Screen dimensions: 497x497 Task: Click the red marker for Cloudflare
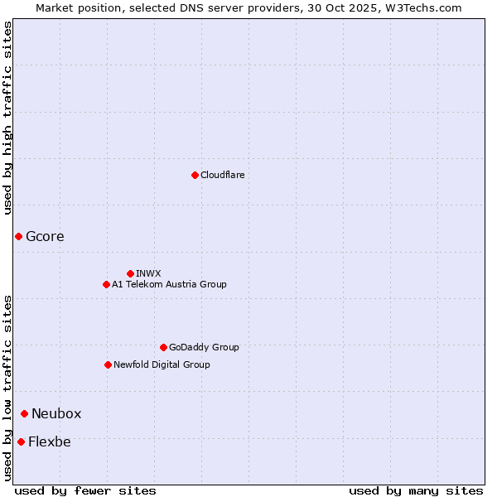[195, 175]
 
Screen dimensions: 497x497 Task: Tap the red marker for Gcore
[18, 237]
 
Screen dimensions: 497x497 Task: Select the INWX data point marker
[130, 273]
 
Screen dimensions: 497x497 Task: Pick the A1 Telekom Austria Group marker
[106, 284]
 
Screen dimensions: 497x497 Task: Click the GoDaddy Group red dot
[163, 347]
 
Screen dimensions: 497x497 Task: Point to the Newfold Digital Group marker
[108, 364]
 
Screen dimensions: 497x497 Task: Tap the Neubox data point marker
[24, 413]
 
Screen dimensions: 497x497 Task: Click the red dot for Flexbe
[21, 442]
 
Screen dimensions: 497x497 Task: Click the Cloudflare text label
[222, 175]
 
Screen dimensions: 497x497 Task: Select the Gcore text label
[45, 237]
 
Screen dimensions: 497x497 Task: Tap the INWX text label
[148, 273]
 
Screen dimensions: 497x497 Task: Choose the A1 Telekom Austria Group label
[169, 284]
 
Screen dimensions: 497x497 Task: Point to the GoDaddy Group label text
[204, 347]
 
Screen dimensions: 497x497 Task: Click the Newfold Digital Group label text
[162, 364]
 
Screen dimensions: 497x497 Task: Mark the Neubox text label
[56, 413]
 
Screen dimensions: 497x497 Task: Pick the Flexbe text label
[49, 442]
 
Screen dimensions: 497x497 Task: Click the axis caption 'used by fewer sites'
[85, 490]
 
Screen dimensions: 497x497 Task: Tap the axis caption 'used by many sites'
[416, 490]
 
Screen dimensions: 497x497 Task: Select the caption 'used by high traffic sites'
[7, 118]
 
